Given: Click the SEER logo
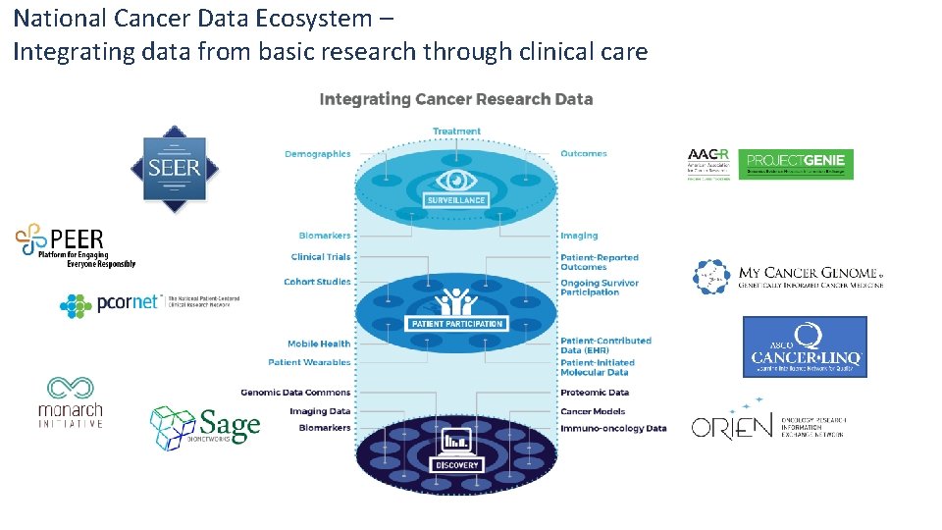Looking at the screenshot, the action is pos(175,169).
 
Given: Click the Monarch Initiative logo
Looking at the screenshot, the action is pos(70,402).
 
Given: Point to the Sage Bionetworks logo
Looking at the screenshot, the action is pos(205,427).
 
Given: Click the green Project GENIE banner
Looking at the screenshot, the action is pos(795,164).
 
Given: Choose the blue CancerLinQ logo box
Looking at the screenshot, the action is pos(805,346).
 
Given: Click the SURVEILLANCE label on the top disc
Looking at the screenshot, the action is pos(455,200).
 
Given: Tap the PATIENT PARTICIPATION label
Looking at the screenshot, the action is pos(456,324).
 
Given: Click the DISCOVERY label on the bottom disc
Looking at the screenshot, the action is pos(456,465).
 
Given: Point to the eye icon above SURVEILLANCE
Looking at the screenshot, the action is pos(455,180).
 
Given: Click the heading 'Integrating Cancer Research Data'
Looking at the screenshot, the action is pos(456,99).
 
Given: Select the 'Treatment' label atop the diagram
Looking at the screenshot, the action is pos(456,131).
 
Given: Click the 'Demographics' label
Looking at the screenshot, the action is pos(317,154).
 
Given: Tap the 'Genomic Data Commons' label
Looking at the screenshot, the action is pos(295,393).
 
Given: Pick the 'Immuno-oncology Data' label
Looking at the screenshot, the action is pos(613,429).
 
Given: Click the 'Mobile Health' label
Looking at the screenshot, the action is pos(318,344).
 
